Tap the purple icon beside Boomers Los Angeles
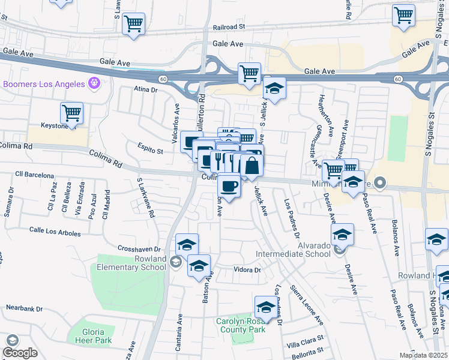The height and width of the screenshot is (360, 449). coord(93,83)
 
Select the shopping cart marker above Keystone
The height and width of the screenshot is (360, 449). coord(71,113)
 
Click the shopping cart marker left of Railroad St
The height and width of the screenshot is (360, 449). coord(133,25)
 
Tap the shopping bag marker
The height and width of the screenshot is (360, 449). coord(252,166)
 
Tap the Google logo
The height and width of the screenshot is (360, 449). coord(20,353)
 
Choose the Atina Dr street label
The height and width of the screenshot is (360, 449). coord(145,90)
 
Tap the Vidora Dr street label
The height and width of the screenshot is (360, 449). coord(247,270)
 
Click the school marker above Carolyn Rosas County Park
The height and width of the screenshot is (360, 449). coord(265,307)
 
